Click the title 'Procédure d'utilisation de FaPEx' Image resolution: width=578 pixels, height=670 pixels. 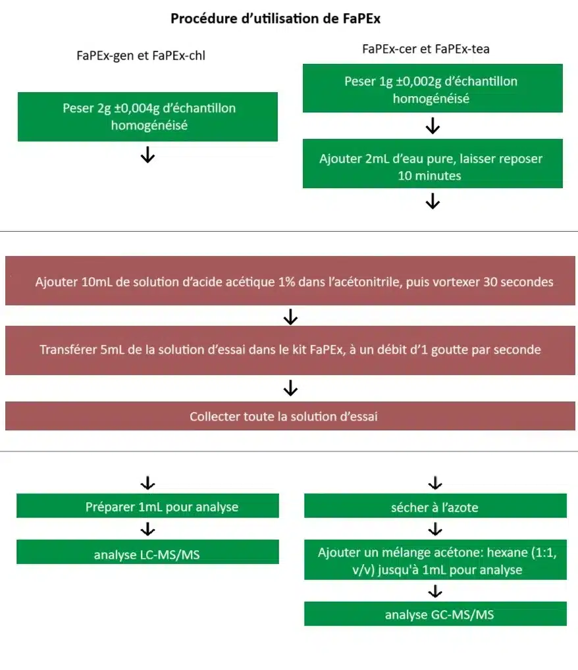click(x=275, y=18)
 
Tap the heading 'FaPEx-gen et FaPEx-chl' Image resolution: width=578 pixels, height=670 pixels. click(x=141, y=55)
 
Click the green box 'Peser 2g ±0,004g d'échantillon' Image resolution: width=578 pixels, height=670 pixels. click(x=147, y=116)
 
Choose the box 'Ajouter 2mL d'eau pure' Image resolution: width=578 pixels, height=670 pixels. click(x=432, y=167)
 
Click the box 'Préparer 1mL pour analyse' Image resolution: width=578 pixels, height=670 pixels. click(x=147, y=507)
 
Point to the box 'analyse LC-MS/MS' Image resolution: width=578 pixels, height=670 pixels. click(x=147, y=555)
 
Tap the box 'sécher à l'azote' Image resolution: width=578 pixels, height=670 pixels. click(x=434, y=507)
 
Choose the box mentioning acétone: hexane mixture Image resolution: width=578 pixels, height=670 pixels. click(x=434, y=561)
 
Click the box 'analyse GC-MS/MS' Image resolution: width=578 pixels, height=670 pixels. click(x=434, y=615)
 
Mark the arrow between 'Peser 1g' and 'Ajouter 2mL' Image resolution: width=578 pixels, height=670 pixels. click(x=433, y=126)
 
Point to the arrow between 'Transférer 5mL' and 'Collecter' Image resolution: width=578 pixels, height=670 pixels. click(x=290, y=389)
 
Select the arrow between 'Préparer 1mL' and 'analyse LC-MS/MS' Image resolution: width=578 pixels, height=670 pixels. click(x=148, y=529)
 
